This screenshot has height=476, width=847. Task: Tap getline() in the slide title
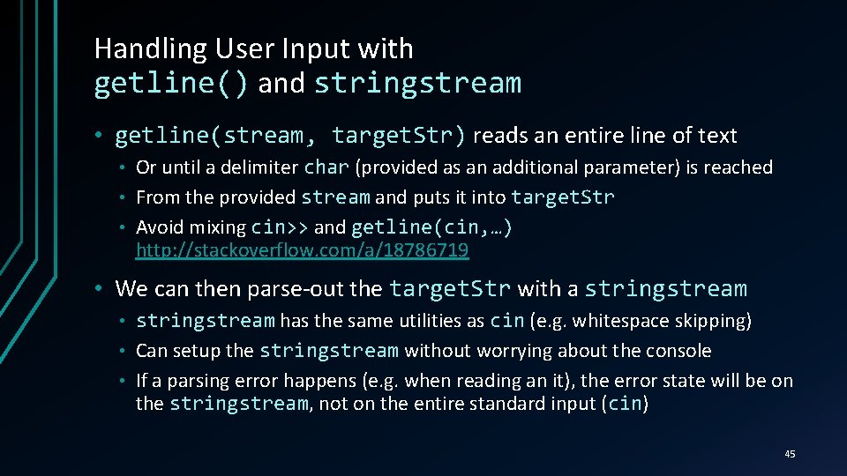click(171, 84)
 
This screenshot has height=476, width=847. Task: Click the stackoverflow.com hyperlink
click(302, 251)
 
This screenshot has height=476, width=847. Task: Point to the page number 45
click(790, 454)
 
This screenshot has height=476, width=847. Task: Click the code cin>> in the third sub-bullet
click(280, 227)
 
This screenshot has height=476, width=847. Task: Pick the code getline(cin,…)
click(431, 227)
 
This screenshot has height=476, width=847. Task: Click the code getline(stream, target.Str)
click(290, 136)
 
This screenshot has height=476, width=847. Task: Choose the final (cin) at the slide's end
click(626, 405)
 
